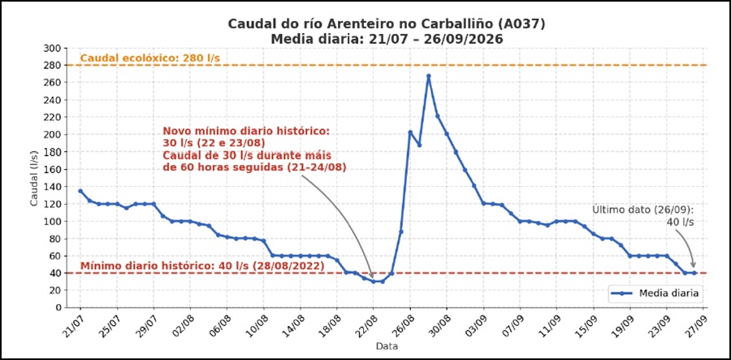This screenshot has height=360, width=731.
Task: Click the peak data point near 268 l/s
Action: tap(428, 76)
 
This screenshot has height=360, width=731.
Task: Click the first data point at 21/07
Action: tap(80, 191)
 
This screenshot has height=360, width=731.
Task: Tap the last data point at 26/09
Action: tap(694, 273)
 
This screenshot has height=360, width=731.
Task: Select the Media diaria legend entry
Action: tap(655, 293)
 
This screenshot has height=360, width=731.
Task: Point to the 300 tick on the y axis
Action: tap(55, 48)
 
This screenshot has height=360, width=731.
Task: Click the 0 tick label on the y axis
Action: tap(59, 308)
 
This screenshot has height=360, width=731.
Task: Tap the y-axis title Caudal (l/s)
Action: tap(34, 177)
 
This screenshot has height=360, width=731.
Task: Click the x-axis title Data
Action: tap(387, 346)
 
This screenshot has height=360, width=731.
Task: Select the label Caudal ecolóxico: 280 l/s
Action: tap(150, 59)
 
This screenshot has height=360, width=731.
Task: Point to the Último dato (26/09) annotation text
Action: tap(643, 210)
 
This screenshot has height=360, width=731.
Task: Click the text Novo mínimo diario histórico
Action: tap(246, 132)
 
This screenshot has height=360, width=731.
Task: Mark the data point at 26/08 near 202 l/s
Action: tap(410, 132)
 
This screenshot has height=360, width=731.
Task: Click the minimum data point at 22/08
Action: tap(374, 281)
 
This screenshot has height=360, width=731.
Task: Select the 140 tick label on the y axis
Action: tap(55, 187)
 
